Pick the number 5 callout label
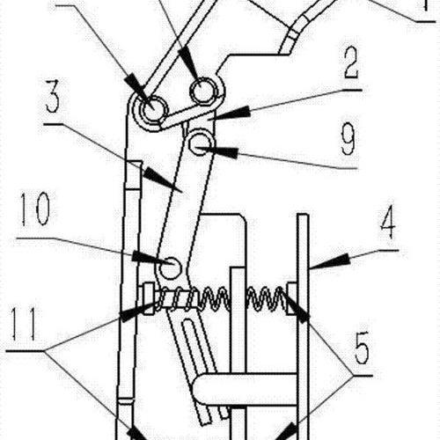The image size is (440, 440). point(362,348)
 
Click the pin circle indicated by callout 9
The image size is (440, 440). point(201,143)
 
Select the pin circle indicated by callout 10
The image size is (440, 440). point(170,268)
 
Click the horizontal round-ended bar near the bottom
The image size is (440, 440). point(245,390)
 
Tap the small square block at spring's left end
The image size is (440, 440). point(148,298)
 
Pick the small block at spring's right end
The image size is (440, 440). point(291,298)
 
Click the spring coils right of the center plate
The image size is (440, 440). point(267,298)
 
